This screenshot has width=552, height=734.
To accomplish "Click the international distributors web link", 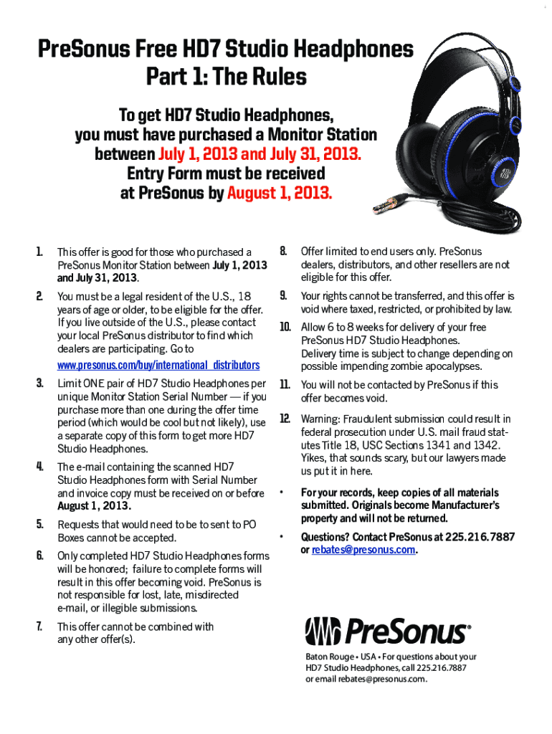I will pyautogui.click(x=158, y=366).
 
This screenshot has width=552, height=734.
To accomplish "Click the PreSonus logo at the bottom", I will pyautogui.click(x=388, y=632).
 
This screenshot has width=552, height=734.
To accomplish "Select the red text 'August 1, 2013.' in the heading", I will pyautogui.click(x=280, y=193).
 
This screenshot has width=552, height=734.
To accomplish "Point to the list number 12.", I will pyautogui.click(x=285, y=419).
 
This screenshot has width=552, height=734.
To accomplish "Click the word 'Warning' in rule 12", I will pyautogui.click(x=320, y=419).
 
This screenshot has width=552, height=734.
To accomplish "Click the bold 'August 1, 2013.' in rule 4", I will pyautogui.click(x=94, y=506).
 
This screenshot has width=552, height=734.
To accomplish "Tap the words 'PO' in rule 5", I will pyautogui.click(x=249, y=525).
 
